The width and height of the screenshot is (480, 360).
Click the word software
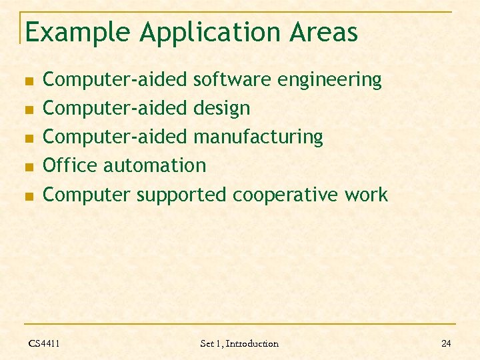pyautogui.click(x=232, y=80)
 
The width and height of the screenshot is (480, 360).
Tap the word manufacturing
pyautogui.click(x=258, y=137)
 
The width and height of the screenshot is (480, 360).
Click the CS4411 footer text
pyautogui.click(x=44, y=343)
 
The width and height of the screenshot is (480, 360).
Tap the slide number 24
pyautogui.click(x=446, y=343)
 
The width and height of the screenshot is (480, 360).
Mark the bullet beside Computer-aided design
pyautogui.click(x=29, y=109)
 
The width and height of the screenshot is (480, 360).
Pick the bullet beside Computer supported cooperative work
pyautogui.click(x=29, y=196)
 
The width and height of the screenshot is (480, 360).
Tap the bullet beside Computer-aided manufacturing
pyautogui.click(x=29, y=138)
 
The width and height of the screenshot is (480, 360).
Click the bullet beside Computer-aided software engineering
pyautogui.click(x=29, y=81)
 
